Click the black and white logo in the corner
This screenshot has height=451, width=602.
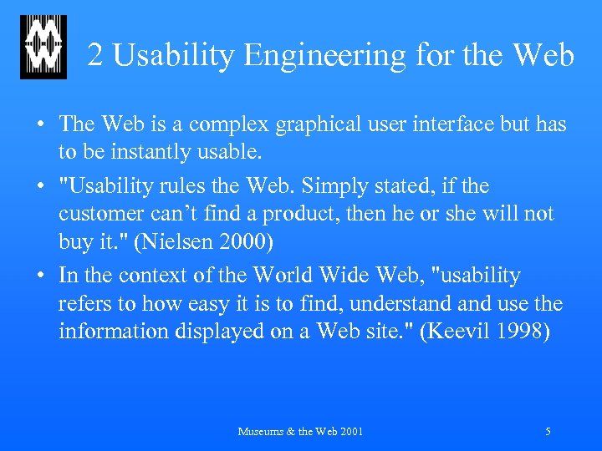point(43,48)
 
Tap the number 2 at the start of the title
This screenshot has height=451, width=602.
point(95,55)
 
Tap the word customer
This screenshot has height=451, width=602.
point(98,214)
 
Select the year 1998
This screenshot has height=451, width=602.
point(522,332)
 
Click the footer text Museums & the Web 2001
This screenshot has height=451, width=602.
point(300,432)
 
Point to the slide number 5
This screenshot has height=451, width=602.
point(548,432)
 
